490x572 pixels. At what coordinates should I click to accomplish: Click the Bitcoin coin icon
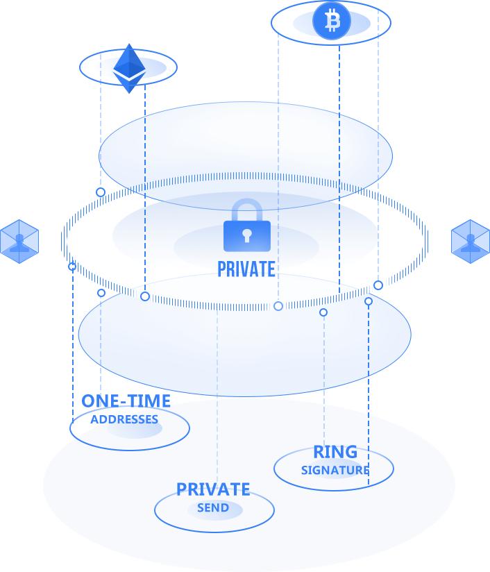point(332,22)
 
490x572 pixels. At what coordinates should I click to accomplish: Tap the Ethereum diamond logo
point(128,68)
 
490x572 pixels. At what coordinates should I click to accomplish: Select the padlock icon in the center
point(246,226)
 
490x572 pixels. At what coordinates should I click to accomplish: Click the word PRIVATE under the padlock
point(246,269)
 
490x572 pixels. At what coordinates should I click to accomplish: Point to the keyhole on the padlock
point(246,237)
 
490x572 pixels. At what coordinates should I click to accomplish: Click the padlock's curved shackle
point(246,209)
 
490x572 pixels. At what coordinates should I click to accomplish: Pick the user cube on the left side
point(19,242)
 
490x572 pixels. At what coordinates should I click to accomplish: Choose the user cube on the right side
point(471,241)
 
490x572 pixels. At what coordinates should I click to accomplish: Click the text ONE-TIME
point(126,401)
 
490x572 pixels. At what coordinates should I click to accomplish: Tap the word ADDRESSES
point(124,419)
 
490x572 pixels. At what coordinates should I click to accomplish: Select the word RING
point(335,453)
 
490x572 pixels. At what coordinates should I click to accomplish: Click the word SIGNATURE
point(335,470)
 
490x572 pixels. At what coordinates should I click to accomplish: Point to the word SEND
point(213,508)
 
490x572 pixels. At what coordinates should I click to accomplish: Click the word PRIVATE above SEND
point(213,489)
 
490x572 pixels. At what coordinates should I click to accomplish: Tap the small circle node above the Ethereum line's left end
point(101,192)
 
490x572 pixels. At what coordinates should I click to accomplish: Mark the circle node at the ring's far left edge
point(72,267)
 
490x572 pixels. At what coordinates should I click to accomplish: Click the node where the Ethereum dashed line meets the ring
point(145,296)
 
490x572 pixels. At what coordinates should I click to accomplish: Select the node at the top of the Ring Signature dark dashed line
point(369,301)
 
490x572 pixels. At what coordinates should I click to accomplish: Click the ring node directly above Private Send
point(278,306)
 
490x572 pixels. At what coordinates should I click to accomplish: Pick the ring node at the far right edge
point(378,285)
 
